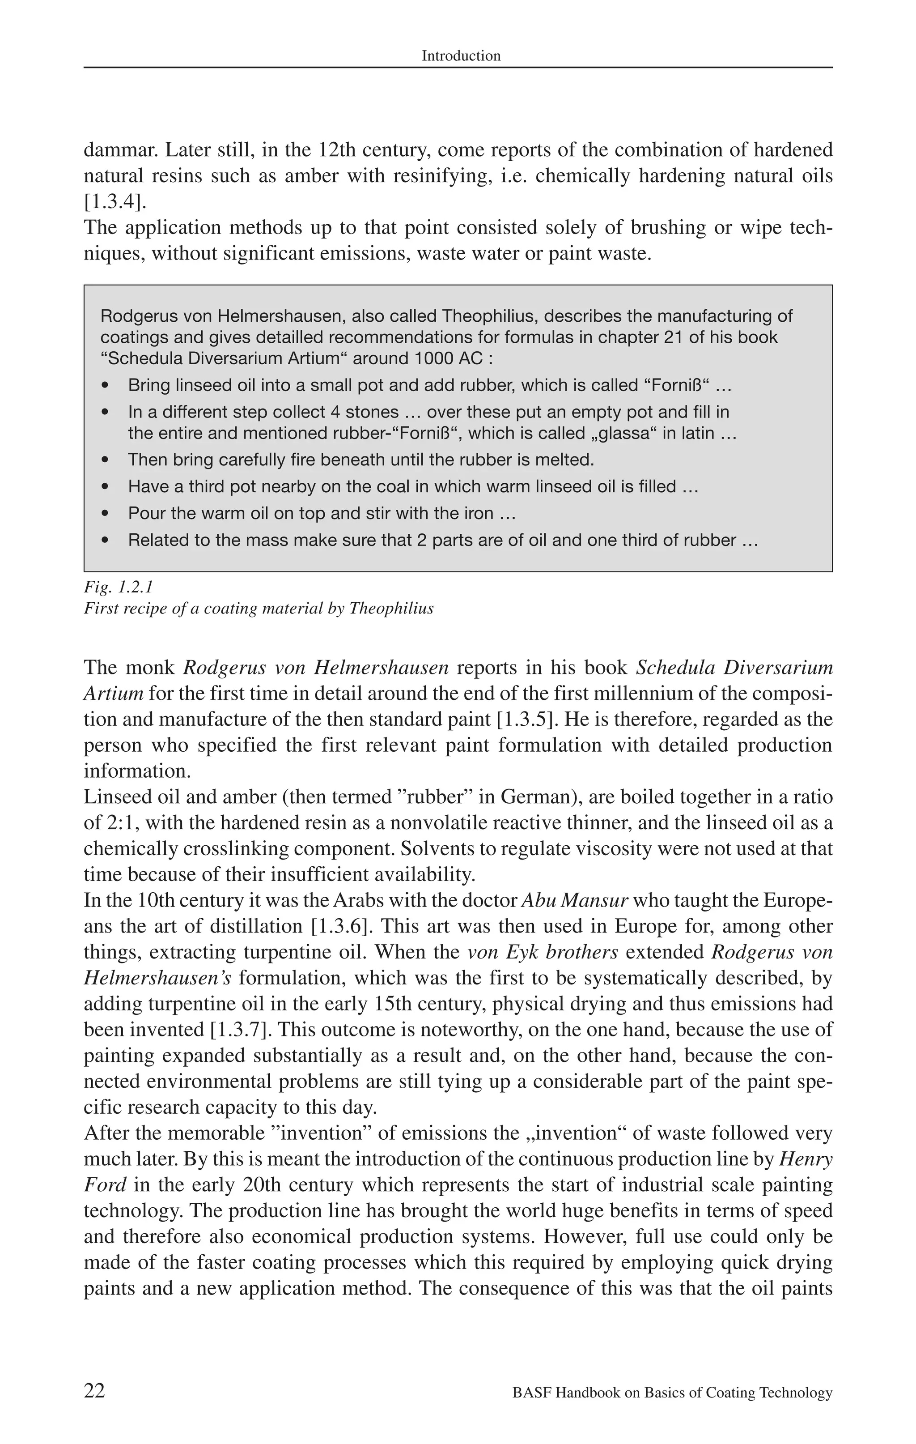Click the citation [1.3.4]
(x=114, y=202)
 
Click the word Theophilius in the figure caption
(x=391, y=609)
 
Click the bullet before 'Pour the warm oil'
(x=106, y=514)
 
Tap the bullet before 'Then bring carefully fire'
(x=106, y=460)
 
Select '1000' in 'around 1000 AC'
(x=437, y=358)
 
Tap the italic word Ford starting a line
(x=105, y=1185)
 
